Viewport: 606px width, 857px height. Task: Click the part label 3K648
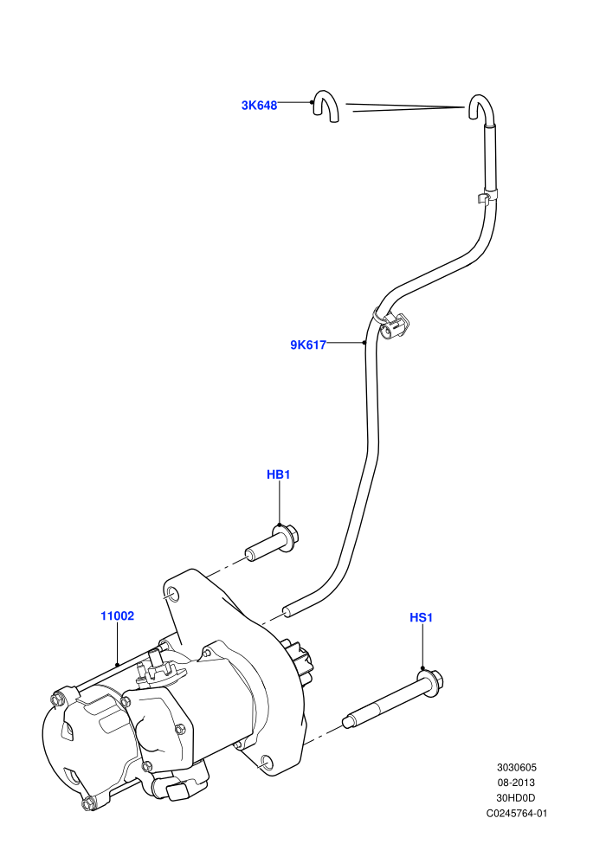click(x=259, y=105)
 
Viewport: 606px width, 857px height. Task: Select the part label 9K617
click(x=307, y=345)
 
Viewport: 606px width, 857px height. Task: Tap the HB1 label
click(x=278, y=474)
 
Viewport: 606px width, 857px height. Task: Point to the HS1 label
click(x=422, y=617)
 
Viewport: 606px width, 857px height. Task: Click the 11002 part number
click(x=117, y=616)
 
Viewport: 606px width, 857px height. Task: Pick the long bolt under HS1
click(x=392, y=700)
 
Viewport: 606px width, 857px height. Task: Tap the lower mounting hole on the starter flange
click(x=267, y=762)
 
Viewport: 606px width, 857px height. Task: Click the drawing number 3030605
click(x=516, y=767)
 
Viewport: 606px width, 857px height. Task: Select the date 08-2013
click(x=516, y=783)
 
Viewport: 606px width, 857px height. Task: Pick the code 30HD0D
click(x=516, y=798)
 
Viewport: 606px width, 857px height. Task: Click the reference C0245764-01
click(x=516, y=813)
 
